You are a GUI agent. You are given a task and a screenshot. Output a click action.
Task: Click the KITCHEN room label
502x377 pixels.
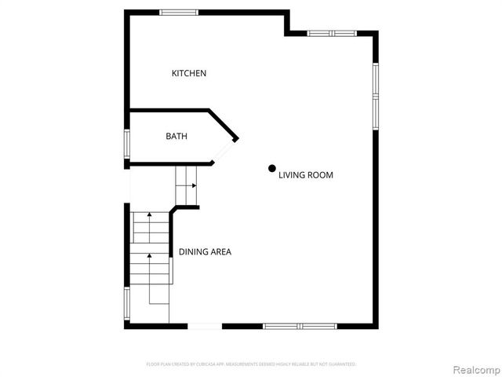pyautogui.click(x=189, y=74)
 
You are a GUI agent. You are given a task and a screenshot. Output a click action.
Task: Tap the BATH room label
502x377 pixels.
pyautogui.click(x=176, y=137)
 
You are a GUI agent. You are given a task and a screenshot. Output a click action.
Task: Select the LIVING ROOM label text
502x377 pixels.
pyautogui.click(x=306, y=175)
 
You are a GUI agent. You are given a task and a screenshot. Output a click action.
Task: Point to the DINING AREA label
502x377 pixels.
pyautogui.click(x=205, y=252)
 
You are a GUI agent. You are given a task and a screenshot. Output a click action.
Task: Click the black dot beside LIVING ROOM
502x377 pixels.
pyautogui.click(x=272, y=167)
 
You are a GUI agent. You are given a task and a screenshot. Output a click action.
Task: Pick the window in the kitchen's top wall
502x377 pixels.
pyautogui.click(x=179, y=12)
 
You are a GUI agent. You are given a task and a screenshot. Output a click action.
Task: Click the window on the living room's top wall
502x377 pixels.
pyautogui.click(x=333, y=33)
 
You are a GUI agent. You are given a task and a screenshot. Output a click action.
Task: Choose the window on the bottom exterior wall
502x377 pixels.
pyautogui.click(x=300, y=325)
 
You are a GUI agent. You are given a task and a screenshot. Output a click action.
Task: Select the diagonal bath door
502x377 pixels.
pyautogui.click(x=227, y=152)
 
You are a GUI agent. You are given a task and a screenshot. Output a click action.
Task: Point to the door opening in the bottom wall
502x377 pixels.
pyautogui.click(x=204, y=325)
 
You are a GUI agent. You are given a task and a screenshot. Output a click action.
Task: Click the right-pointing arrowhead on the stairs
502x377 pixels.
pyautogui.click(x=193, y=186)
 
